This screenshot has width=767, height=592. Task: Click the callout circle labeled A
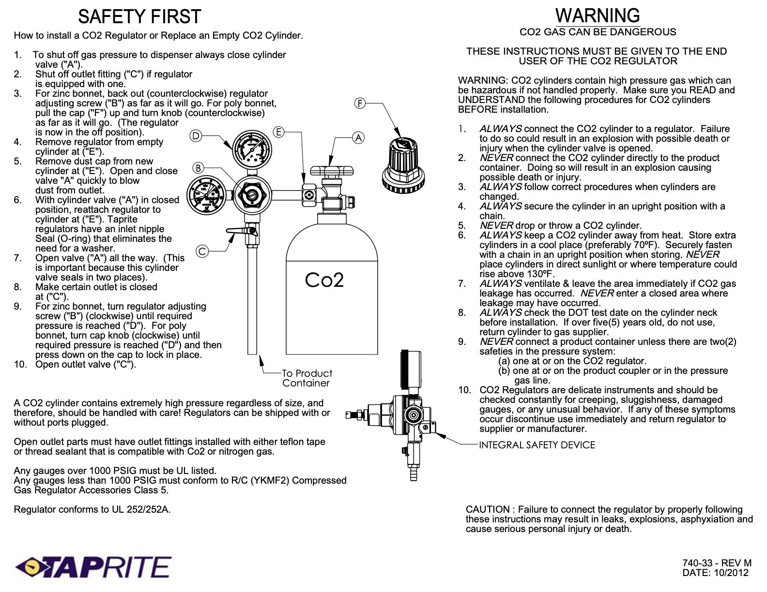(x=358, y=137)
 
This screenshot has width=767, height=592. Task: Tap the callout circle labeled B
(x=198, y=168)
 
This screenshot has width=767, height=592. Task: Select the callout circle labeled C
(x=202, y=251)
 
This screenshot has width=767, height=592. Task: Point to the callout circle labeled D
(x=195, y=136)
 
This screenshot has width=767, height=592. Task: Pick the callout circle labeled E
(x=278, y=131)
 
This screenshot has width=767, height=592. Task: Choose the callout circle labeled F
(x=360, y=103)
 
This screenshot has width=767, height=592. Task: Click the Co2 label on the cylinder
(x=324, y=280)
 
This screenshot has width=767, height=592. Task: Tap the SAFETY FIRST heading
(x=139, y=17)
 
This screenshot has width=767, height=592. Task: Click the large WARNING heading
(x=598, y=15)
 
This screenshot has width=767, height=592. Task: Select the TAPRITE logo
(x=93, y=567)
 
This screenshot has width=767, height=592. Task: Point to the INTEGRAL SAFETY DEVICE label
(x=537, y=445)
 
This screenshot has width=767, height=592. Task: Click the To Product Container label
(x=307, y=378)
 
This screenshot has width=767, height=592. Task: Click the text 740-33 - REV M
(x=717, y=563)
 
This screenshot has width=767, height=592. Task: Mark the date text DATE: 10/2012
(x=715, y=573)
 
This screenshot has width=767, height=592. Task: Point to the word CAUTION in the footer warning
(x=487, y=509)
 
